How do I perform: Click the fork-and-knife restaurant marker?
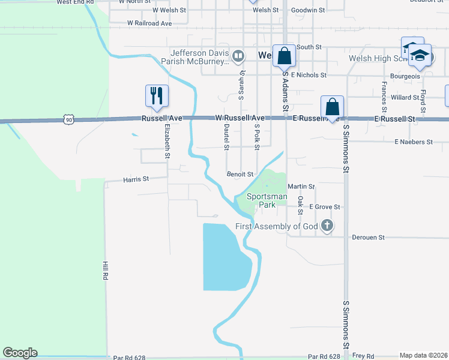157,95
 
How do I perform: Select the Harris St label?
136,179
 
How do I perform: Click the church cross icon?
327,226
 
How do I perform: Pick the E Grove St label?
325,207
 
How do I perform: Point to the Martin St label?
301,187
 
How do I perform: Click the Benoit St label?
240,174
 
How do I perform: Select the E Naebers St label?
413,142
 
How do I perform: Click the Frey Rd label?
363,356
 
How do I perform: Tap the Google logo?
20,353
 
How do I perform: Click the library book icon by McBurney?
238,57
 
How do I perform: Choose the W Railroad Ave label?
149,23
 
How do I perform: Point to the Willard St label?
405,97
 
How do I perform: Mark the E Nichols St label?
308,76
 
